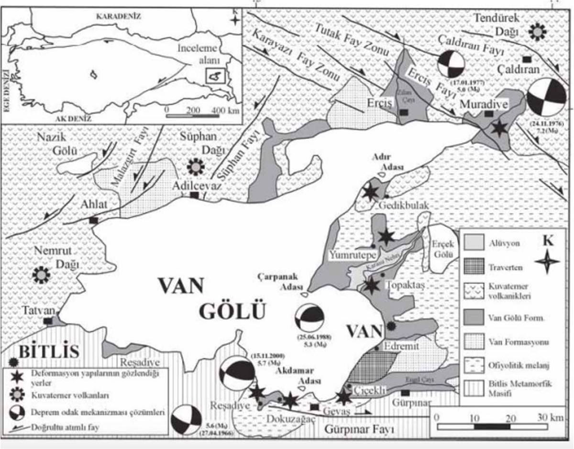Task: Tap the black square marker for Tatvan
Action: (x=48, y=321)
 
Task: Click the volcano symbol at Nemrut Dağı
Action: (x=41, y=274)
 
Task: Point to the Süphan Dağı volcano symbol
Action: (x=195, y=166)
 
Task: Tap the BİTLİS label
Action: (x=48, y=352)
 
